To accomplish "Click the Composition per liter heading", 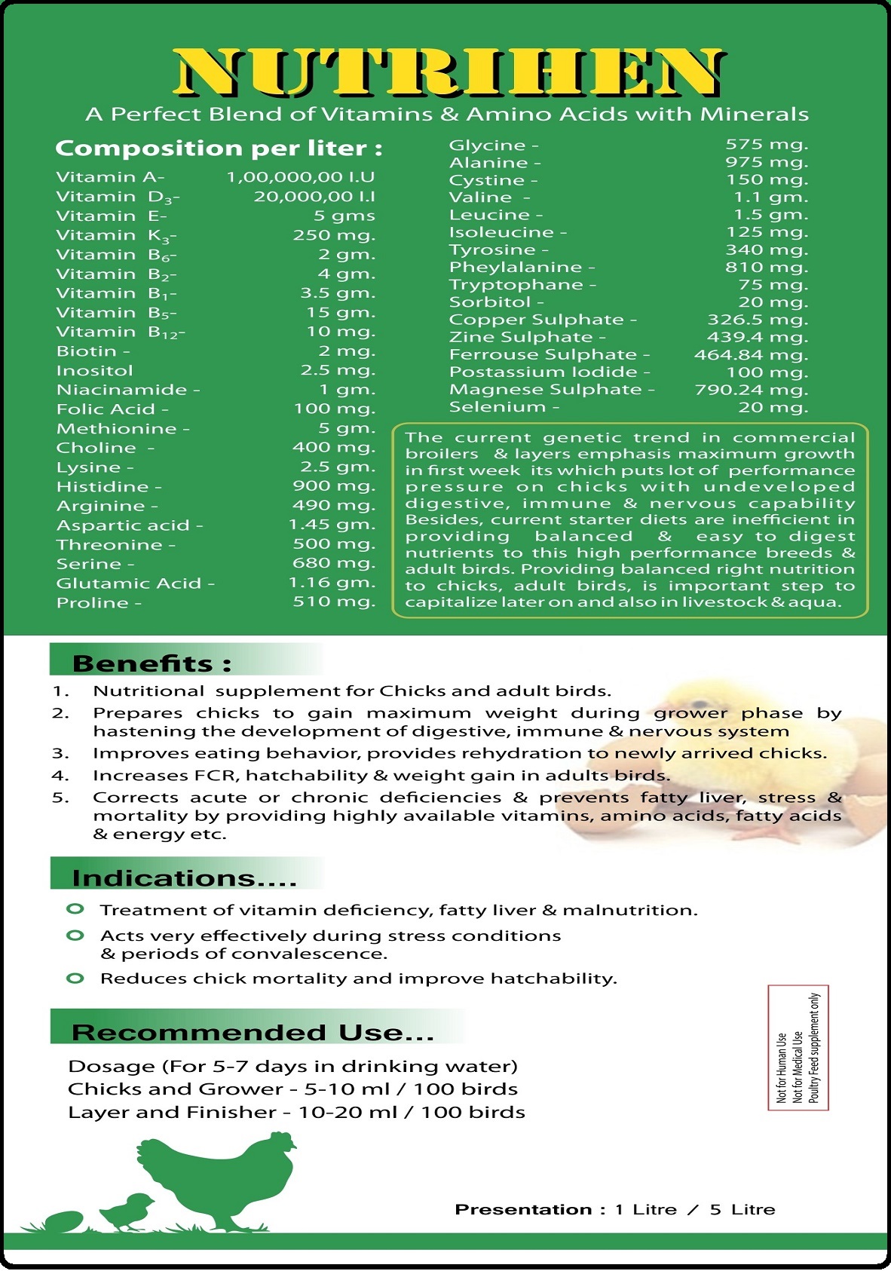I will [x=219, y=149].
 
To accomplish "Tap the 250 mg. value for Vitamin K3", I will [x=334, y=235].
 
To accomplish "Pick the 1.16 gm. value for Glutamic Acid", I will [x=332, y=583].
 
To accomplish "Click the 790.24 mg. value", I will [x=751, y=390].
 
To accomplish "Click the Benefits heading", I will [x=152, y=663].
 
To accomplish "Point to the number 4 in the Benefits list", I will [x=60, y=776].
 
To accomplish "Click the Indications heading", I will [x=184, y=878].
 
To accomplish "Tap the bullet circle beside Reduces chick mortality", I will [x=75, y=979].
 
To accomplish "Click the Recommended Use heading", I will [x=253, y=1032].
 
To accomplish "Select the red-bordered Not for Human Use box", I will [x=798, y=1047].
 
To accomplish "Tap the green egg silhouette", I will [x=64, y=1220].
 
